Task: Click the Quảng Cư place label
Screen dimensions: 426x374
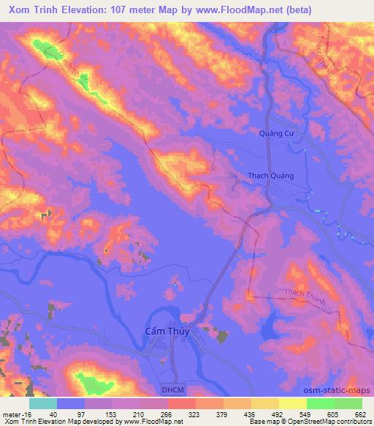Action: click(x=280, y=133)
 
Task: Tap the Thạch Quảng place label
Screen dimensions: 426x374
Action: click(x=270, y=176)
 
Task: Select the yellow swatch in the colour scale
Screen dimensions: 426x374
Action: click(x=292, y=403)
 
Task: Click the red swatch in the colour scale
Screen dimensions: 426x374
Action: click(x=181, y=403)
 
